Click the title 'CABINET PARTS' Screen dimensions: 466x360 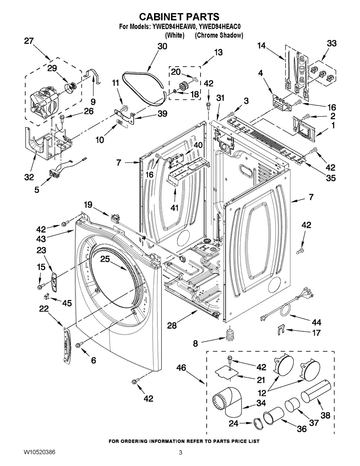pos(179,17)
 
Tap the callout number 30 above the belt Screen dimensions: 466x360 pos(162,46)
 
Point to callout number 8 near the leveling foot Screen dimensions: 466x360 pos(195,343)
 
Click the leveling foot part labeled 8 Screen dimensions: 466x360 pos(229,335)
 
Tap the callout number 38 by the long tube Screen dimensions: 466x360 pos(325,416)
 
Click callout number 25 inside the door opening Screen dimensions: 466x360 pos(105,259)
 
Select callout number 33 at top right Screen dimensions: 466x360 pos(332,43)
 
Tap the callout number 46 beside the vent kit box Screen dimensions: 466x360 pos(181,368)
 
